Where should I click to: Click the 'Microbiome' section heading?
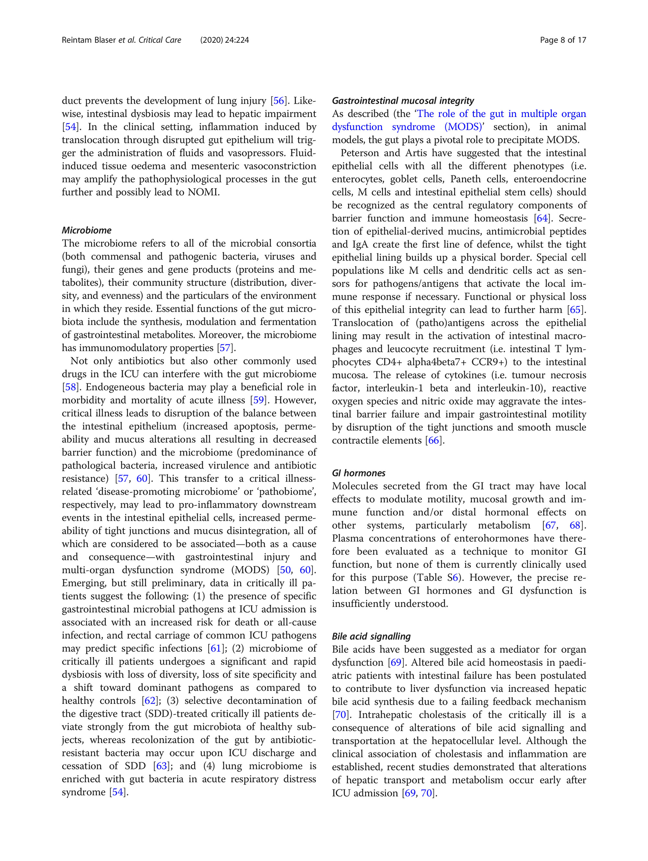[87, 230]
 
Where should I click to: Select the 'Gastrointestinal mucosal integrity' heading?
[403, 101]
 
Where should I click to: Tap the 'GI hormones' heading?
[358, 473]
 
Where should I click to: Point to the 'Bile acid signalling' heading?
[371, 636]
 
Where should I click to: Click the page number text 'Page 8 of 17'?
[563, 40]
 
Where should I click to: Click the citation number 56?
[279, 101]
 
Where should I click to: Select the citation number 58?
[70, 387]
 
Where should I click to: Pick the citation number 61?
[215, 648]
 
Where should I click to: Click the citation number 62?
[150, 701]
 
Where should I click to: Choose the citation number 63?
[161, 766]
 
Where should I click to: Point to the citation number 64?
[542, 218]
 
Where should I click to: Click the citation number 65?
[575, 310]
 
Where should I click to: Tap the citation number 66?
[434, 441]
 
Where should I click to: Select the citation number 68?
[575, 526]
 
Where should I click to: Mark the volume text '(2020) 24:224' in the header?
[225, 40]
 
